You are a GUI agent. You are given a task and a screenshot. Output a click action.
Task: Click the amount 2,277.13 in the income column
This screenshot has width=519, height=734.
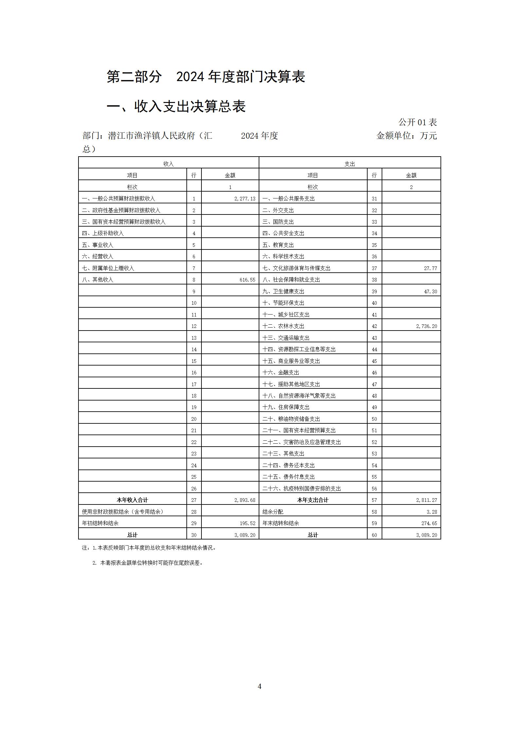click(x=245, y=198)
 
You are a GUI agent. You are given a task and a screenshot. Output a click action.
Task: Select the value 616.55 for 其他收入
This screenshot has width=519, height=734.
click(x=247, y=280)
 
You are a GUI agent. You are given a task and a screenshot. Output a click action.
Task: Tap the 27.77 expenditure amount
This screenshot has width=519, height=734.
click(x=430, y=268)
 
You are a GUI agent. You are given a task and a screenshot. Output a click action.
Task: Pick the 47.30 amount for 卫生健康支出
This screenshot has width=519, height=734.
click(x=430, y=291)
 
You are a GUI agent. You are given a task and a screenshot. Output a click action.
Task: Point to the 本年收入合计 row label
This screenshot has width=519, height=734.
click(x=132, y=500)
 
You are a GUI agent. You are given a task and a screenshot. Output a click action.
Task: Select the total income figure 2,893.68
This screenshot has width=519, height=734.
click(x=245, y=500)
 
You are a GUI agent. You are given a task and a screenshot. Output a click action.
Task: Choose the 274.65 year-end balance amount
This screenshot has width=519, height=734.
click(x=429, y=523)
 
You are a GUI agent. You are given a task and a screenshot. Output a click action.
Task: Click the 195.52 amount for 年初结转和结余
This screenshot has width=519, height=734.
click(x=247, y=523)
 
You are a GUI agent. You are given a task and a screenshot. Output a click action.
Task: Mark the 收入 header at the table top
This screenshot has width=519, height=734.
click(x=168, y=164)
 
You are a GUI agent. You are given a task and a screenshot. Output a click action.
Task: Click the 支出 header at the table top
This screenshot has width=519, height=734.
click(x=350, y=164)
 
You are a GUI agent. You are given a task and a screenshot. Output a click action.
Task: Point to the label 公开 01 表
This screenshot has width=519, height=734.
click(x=417, y=122)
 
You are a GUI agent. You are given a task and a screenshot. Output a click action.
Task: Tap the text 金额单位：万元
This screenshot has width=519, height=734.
click(x=407, y=136)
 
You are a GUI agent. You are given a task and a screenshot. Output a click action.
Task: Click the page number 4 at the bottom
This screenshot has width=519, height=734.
click(x=259, y=686)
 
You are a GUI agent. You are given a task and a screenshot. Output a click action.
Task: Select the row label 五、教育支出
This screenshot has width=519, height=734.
click(x=278, y=245)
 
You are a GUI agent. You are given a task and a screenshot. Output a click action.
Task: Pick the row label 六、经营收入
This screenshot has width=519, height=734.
click(x=97, y=256)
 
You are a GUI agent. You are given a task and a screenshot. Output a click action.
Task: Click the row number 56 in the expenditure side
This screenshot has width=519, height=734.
click(x=374, y=488)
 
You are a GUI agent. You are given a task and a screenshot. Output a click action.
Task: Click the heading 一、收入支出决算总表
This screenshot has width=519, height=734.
click(x=176, y=107)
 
